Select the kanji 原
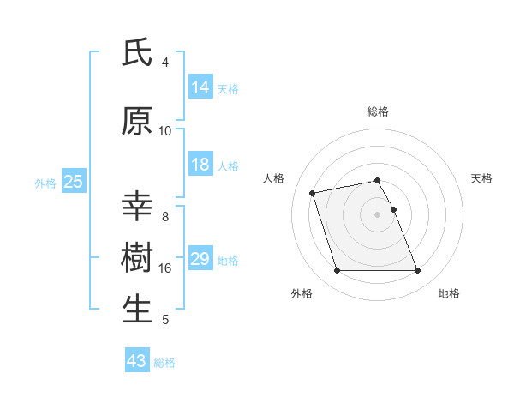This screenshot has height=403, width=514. coord(137,122)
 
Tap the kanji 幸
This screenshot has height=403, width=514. coord(137,208)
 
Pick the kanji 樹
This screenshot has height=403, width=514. coord(137,258)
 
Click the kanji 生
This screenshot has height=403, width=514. coord(137,309)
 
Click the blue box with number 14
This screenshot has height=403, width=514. coord(200,87)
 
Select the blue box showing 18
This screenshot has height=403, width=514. coord(200,165)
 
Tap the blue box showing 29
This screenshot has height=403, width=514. coord(200,259)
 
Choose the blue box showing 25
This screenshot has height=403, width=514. coord(73,182)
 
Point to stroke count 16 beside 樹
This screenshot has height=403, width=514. coord(165,268)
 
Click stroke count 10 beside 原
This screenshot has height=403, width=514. coord(165,131)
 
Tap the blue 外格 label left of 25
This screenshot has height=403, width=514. coord(45,183)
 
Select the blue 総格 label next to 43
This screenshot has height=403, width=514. coord(165,362)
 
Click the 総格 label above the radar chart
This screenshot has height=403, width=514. coord(378,111)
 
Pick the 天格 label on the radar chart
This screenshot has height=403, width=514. coord(481,178)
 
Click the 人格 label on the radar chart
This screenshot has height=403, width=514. coord(274,178)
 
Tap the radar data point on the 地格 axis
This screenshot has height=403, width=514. coord(417,271)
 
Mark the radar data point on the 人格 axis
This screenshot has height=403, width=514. coord(313,192)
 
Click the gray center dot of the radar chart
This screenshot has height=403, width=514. coord(378,214)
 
